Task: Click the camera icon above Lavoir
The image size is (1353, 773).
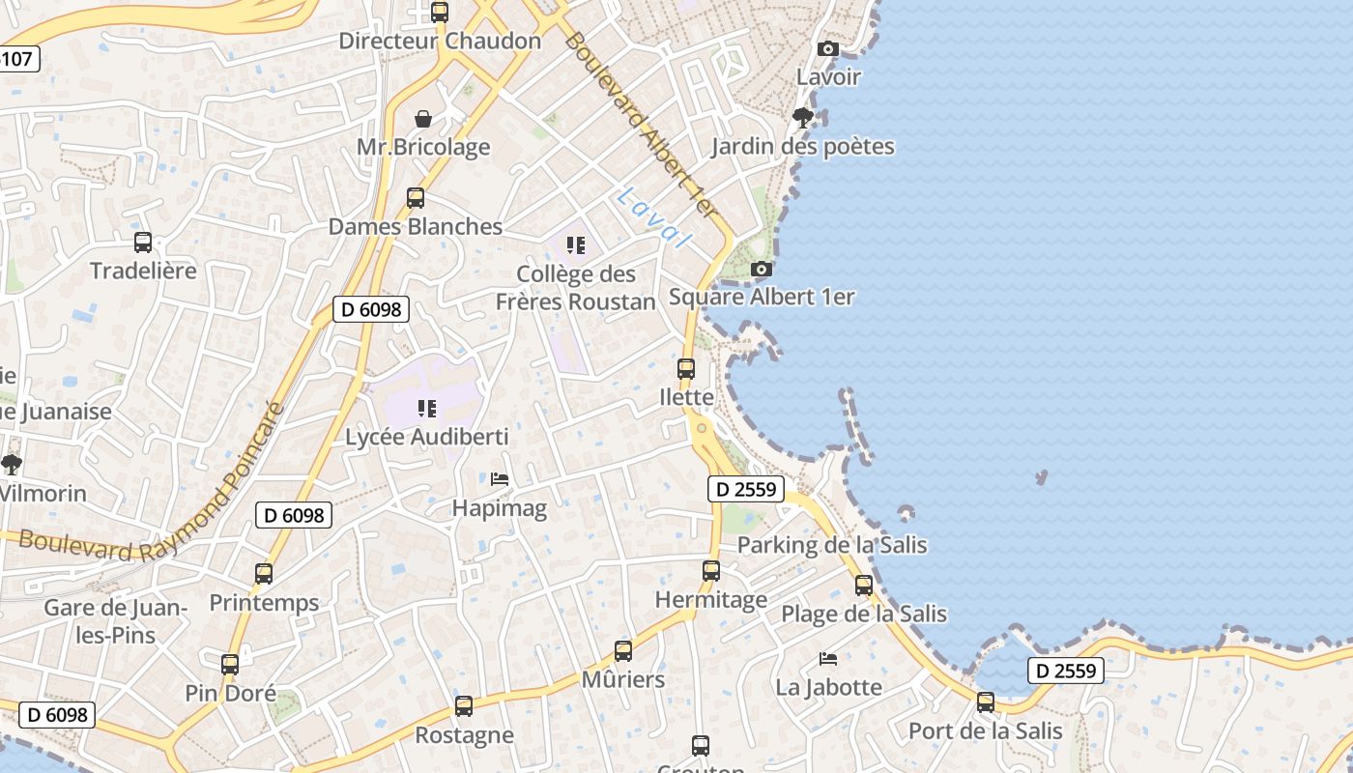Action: tap(828, 49)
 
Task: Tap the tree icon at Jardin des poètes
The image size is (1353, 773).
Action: tap(802, 118)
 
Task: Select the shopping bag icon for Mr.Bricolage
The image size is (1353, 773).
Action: tap(423, 119)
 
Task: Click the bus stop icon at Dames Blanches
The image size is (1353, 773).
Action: tap(416, 198)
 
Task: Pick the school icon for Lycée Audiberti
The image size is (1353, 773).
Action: tap(427, 409)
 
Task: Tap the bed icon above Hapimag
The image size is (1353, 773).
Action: tap(500, 479)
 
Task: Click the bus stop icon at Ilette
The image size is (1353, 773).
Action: tap(686, 369)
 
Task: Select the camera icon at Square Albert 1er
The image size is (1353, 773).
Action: tap(762, 270)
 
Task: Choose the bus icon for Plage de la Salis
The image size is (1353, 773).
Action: tap(864, 586)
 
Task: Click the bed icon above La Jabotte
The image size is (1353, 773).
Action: tap(828, 659)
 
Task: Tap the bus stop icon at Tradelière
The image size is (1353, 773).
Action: tap(143, 243)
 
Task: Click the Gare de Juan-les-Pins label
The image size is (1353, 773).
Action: tap(115, 621)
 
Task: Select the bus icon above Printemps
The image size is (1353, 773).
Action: tap(264, 574)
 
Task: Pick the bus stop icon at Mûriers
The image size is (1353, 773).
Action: tap(623, 651)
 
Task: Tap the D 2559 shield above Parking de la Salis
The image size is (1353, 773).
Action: tap(745, 489)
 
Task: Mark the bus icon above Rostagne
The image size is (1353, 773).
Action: tap(464, 706)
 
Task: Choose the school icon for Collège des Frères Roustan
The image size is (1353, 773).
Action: tap(576, 245)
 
